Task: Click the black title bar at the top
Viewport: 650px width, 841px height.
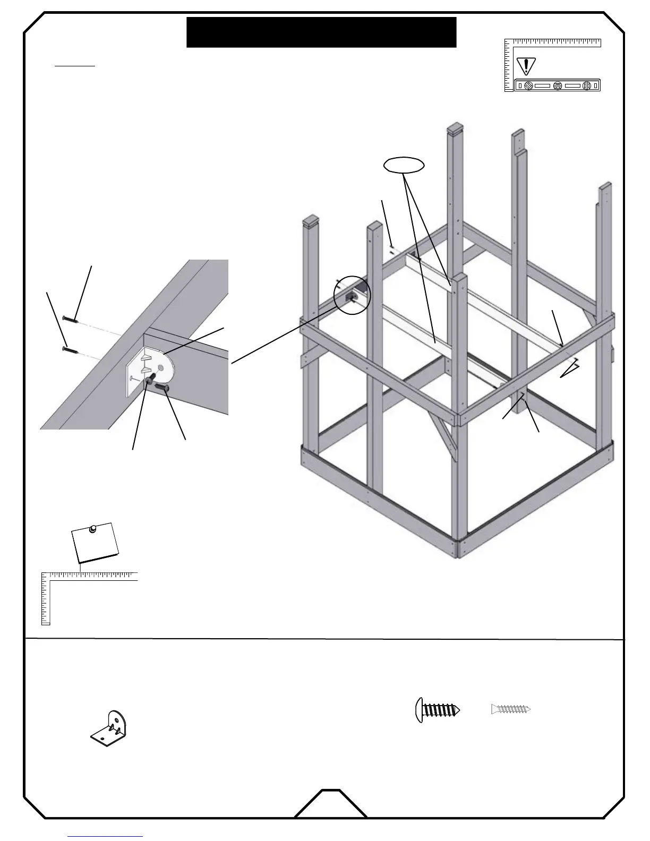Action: [x=321, y=32]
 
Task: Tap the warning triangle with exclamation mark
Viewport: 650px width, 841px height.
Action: [x=526, y=66]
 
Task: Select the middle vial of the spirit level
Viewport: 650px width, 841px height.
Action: [x=557, y=85]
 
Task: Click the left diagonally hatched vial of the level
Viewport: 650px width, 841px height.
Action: [x=528, y=85]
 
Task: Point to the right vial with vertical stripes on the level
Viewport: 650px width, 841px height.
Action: [x=586, y=85]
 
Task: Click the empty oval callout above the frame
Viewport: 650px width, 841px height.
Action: [x=404, y=166]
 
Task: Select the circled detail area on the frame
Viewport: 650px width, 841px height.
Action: [x=351, y=295]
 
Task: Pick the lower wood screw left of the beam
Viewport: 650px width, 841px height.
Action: [x=70, y=349]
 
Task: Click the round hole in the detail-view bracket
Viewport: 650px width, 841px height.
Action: [x=160, y=367]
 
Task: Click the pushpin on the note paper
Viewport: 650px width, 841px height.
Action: [x=93, y=528]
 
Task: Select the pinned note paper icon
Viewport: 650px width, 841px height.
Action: [x=96, y=543]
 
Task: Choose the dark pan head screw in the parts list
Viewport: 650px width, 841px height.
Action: [x=437, y=710]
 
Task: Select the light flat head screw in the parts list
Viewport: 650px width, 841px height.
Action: [x=511, y=709]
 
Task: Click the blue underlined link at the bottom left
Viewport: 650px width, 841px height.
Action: [x=105, y=837]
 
